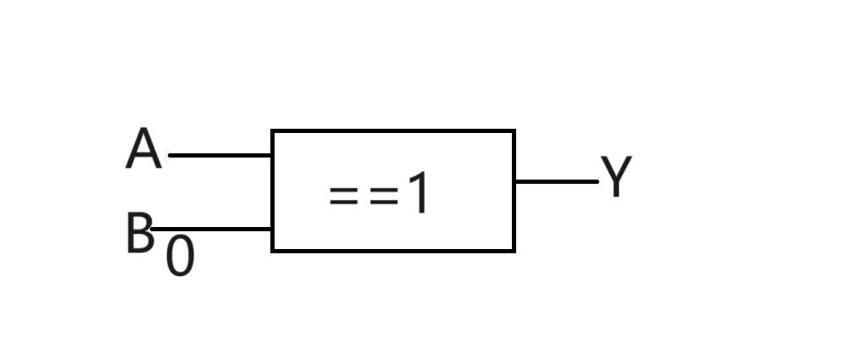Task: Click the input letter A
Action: pos(143,148)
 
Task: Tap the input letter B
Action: pos(139,233)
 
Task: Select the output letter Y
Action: pos(616,175)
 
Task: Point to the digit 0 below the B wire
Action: pos(181,256)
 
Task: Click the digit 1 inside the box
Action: pos(419,192)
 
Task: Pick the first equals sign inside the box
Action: pos(343,196)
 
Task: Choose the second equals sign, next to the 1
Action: pos(384,196)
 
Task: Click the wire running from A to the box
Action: pos(220,156)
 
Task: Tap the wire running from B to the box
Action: pos(211,229)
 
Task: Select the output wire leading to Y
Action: pos(557,181)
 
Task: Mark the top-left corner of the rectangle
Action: pos(272,131)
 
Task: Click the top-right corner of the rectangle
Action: pos(514,131)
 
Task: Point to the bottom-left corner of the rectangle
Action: pos(272,251)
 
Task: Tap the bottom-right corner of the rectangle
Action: pos(514,251)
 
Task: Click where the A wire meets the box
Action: pos(272,156)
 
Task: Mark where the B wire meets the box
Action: pos(272,229)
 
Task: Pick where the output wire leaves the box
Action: pos(514,181)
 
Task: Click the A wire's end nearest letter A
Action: pos(170,156)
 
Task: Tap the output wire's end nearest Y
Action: pos(598,181)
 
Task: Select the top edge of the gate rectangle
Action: pos(393,131)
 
